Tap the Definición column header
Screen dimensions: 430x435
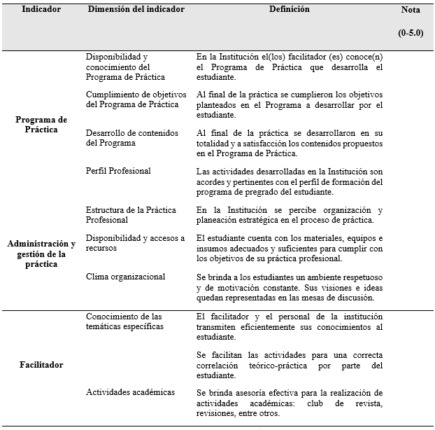[289, 10]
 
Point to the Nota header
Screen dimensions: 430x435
[411, 11]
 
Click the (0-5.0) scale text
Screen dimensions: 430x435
[411, 33]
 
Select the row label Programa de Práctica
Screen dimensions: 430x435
[41, 124]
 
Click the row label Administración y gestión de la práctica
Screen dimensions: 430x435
[41, 253]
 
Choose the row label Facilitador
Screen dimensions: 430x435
[41, 365]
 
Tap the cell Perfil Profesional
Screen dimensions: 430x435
[118, 171]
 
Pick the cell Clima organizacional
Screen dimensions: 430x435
[125, 277]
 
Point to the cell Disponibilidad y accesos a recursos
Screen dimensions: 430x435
[135, 243]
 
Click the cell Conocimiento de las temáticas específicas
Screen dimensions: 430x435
[124, 321]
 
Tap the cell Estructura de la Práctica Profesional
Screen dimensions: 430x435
[131, 215]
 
